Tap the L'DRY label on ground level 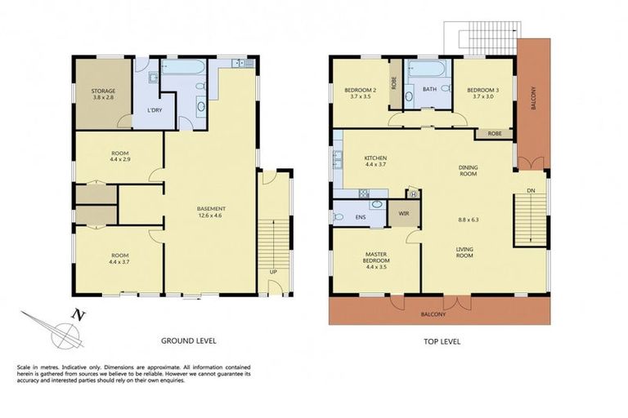click(153, 110)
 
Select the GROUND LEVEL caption click(188, 340)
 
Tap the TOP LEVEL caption click(443, 340)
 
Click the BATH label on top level click(429, 90)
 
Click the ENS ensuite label click(361, 218)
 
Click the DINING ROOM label click(467, 170)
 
